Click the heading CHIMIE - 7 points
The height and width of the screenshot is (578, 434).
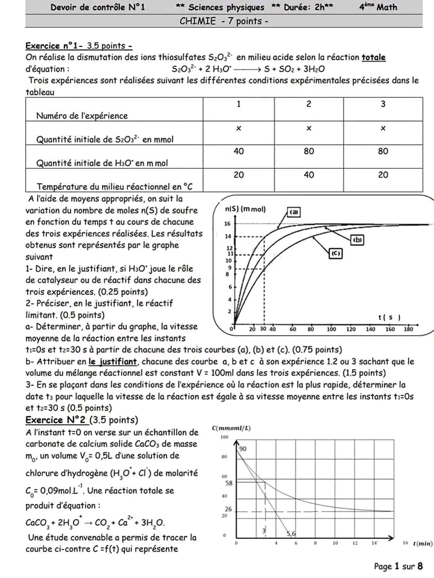[x=224, y=21]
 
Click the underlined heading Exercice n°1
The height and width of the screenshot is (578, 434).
[x=54, y=45]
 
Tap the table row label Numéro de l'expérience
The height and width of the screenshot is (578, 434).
[x=82, y=115]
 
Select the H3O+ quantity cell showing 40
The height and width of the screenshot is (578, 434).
[x=239, y=151]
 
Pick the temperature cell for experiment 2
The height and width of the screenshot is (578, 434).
[x=309, y=174]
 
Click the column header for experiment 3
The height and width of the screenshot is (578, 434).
[x=383, y=104]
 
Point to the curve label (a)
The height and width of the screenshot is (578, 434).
[x=295, y=212]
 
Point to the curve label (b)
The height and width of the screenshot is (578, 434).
[x=357, y=239]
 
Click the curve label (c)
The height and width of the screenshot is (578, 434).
[x=336, y=254]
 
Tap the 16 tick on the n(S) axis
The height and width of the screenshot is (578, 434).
[x=227, y=223]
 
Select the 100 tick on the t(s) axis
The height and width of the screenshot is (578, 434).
[x=331, y=330]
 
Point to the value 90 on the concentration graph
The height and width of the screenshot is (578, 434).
[x=243, y=449]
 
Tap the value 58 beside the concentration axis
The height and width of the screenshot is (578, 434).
[x=229, y=483]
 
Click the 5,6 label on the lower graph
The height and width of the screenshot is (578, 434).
[x=291, y=533]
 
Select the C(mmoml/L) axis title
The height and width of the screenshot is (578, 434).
[x=231, y=428]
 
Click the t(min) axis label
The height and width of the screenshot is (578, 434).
[x=423, y=543]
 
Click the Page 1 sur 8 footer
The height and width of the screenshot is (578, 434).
[x=398, y=567]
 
